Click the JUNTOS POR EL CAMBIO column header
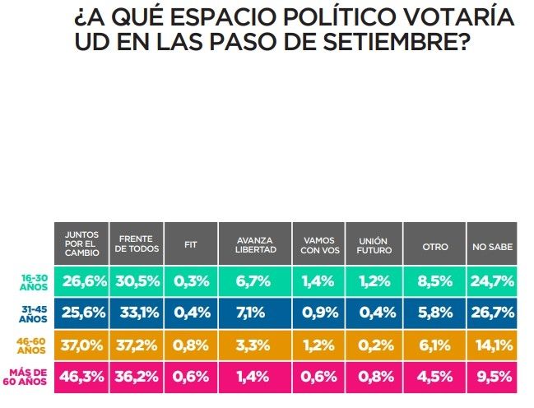(x=81, y=243)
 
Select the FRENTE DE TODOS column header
(x=136, y=243)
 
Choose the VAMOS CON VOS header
(x=318, y=243)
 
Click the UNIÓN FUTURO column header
(x=374, y=243)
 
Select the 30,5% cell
(x=136, y=281)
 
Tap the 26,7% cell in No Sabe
(x=493, y=313)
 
